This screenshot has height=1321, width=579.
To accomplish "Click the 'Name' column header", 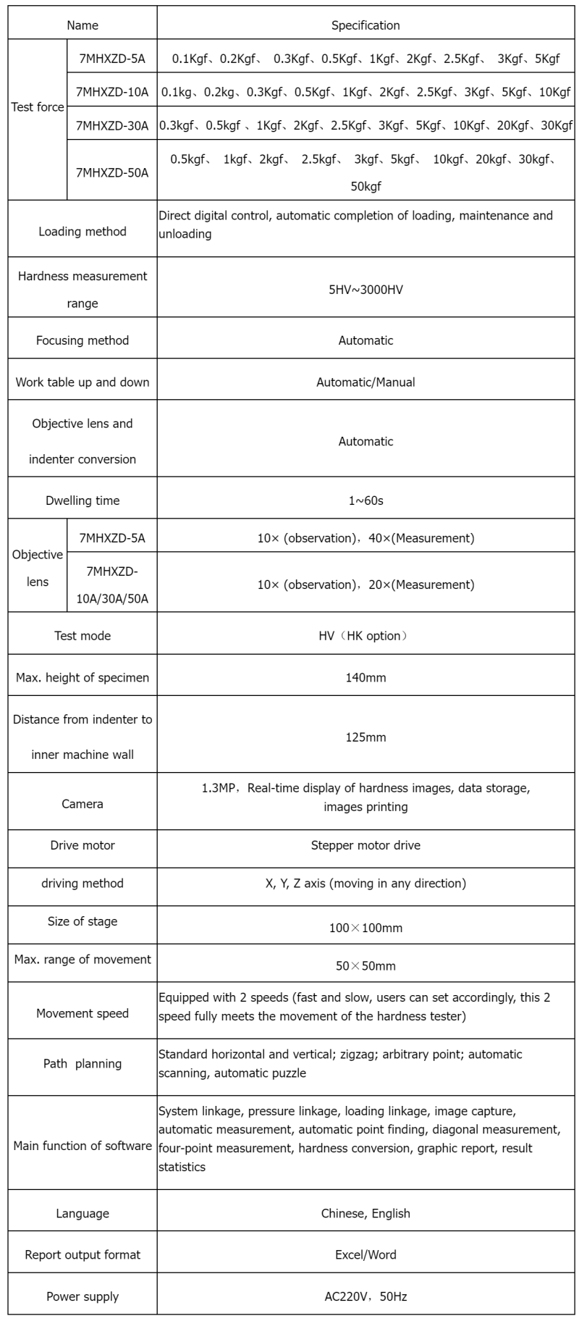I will point(83,25).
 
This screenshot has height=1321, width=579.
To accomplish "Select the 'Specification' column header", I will point(365,25).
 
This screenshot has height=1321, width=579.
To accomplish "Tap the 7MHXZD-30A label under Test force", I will point(112,125).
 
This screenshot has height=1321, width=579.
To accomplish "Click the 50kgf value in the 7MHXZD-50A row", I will point(365,186).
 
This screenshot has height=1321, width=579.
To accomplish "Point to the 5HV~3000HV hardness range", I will point(365,290).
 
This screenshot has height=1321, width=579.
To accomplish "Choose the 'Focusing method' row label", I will point(83,340).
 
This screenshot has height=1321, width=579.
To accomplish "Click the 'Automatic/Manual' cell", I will point(365,382).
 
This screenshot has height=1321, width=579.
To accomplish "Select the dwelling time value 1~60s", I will point(365,500).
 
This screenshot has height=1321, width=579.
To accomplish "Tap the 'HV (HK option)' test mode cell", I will point(365,636).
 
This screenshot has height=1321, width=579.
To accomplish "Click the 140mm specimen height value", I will point(365,678).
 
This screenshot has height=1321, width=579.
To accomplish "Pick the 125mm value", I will point(365,737).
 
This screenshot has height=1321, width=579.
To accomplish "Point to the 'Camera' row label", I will point(83,804).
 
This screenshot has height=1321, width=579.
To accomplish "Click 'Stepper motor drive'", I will point(365,845).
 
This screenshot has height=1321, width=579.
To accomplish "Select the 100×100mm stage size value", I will point(365,928).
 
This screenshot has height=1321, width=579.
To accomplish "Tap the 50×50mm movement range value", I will point(365,966).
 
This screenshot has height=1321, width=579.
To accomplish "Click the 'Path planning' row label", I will point(83,1064).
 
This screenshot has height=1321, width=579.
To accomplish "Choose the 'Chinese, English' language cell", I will point(365,1213).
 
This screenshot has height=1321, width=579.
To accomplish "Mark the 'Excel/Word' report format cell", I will point(365,1254).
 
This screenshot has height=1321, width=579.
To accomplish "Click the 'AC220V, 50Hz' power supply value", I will point(365,1296).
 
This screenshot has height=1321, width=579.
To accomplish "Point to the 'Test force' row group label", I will point(38,107).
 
